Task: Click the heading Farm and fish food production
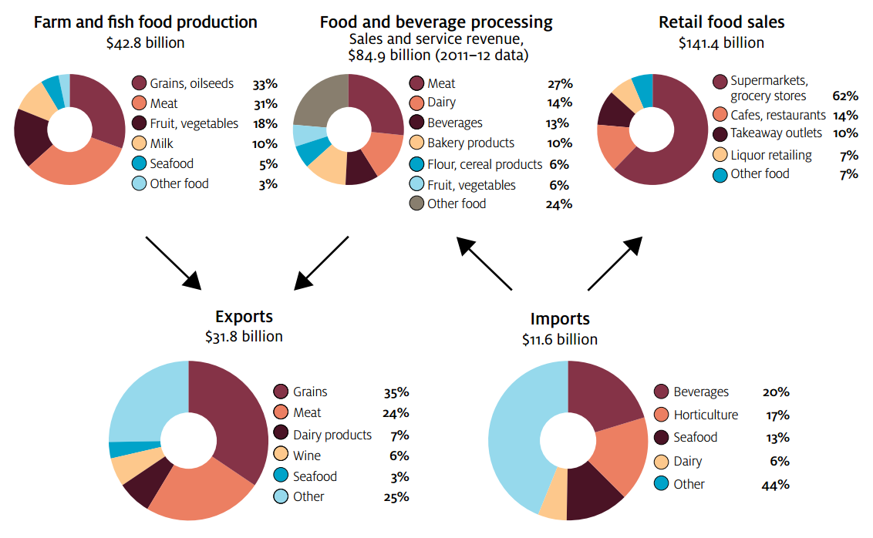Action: (145, 22)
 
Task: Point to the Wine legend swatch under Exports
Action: (281, 456)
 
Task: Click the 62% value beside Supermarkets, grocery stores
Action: (845, 96)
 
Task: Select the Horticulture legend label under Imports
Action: (706, 415)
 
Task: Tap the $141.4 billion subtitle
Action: (721, 43)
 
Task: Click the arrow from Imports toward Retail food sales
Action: (615, 264)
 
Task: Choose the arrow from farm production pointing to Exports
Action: (173, 261)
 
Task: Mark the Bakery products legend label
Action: (470, 143)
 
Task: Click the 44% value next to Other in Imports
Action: (775, 485)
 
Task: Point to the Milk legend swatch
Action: (140, 143)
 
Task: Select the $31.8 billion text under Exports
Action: (244, 337)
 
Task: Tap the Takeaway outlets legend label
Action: (776, 133)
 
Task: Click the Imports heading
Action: (560, 319)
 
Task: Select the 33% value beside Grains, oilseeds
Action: (265, 83)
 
